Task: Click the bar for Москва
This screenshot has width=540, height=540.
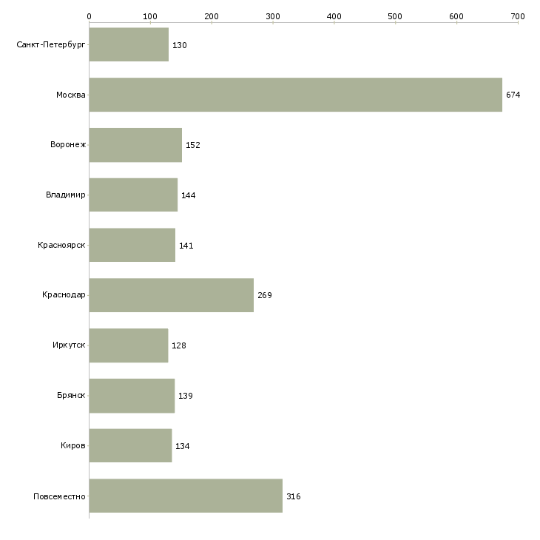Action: pyautogui.click(x=295, y=95)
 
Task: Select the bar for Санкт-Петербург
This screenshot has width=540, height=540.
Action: pyautogui.click(x=129, y=44)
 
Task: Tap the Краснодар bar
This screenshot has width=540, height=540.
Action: pyautogui.click(x=172, y=295)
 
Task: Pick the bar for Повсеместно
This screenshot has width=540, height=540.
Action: pyautogui.click(x=186, y=496)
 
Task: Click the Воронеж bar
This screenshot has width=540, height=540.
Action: pyautogui.click(x=135, y=145)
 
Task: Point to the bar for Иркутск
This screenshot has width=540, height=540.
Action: pyautogui.click(x=129, y=345)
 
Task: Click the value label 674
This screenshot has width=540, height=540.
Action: pyautogui.click(x=513, y=95)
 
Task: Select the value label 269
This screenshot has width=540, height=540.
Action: pyautogui.click(x=265, y=295)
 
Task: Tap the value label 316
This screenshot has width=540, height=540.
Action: pyautogui.click(x=294, y=496)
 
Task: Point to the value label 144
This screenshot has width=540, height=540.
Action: pyautogui.click(x=189, y=195)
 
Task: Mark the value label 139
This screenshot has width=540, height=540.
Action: pyautogui.click(x=186, y=396)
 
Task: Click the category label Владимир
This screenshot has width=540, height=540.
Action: pyautogui.click(x=65, y=195)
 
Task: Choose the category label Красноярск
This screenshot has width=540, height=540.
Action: pyautogui.click(x=61, y=245)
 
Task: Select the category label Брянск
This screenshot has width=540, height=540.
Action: pyautogui.click(x=71, y=395)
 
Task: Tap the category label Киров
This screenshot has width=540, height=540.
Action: pyautogui.click(x=73, y=445)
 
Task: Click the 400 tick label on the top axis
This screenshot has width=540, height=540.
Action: pyautogui.click(x=334, y=16)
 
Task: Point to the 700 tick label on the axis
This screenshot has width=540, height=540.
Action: pyautogui.click(x=518, y=16)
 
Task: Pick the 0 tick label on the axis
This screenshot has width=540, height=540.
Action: pyautogui.click(x=90, y=16)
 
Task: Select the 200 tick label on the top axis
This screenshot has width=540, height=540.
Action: pyautogui.click(x=212, y=16)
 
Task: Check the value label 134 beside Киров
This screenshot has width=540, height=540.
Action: pyautogui.click(x=183, y=446)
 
